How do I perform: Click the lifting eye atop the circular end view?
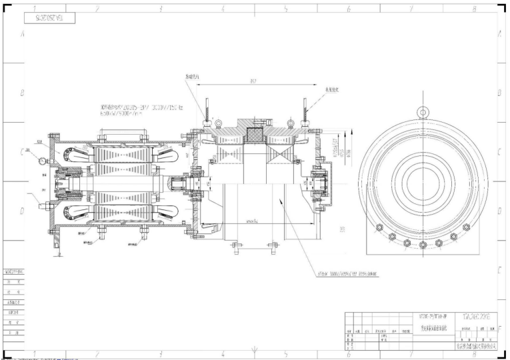point(423,112)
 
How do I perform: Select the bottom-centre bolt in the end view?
point(423,245)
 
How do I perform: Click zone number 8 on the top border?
point(474,9)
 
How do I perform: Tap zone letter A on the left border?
point(24,34)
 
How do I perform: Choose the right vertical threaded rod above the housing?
point(305,111)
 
